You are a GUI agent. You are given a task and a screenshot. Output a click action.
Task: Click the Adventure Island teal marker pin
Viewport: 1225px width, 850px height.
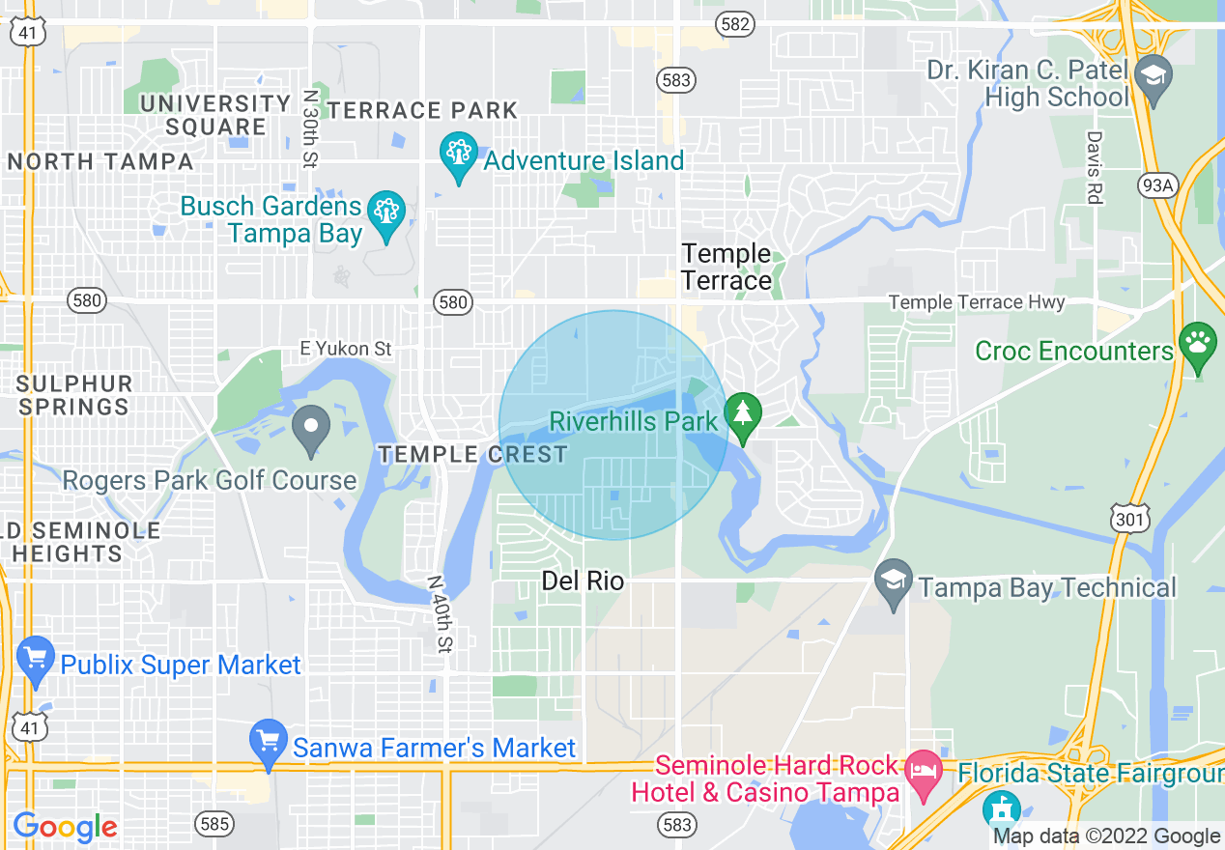click(458, 156)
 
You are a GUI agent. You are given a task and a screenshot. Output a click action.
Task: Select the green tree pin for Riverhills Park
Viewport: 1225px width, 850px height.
click(743, 415)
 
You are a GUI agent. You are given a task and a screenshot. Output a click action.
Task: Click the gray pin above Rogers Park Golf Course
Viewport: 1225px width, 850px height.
click(310, 430)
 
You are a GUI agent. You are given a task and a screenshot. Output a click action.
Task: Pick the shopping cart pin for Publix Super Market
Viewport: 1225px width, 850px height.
click(36, 660)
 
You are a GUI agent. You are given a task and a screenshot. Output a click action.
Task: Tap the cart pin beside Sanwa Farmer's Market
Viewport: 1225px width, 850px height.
click(268, 743)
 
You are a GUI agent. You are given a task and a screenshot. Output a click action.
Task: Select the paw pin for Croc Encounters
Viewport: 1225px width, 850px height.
click(1198, 346)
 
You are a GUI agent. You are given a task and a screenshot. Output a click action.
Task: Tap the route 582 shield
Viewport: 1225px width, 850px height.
click(735, 24)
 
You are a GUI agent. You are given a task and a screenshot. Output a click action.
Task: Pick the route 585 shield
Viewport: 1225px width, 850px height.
click(214, 823)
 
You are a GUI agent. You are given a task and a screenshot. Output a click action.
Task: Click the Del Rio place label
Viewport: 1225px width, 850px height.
click(583, 581)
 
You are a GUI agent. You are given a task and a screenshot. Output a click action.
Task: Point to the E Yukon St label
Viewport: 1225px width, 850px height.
click(345, 348)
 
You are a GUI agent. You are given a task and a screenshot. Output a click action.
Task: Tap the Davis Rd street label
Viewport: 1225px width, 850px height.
click(1094, 167)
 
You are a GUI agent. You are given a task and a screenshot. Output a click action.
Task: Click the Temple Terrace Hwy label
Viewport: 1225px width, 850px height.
click(976, 303)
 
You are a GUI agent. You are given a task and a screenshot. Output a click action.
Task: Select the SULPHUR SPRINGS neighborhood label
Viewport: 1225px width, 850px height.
click(74, 394)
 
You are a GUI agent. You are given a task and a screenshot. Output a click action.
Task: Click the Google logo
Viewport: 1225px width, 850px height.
click(65, 826)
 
